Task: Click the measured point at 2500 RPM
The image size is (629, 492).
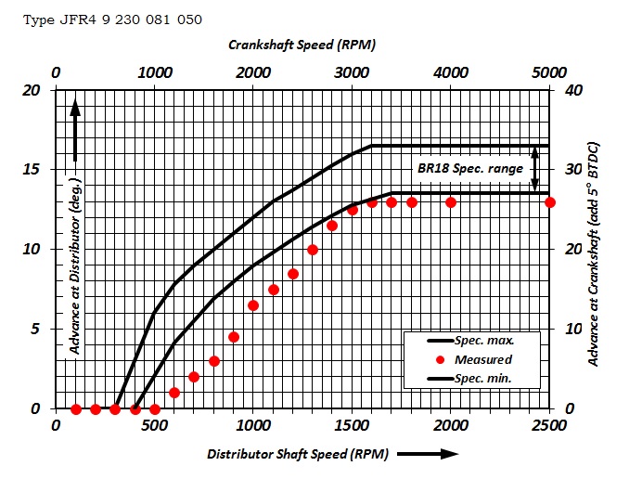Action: click(550, 202)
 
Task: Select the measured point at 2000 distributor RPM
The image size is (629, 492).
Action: click(451, 202)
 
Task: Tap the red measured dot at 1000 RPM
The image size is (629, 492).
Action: click(253, 305)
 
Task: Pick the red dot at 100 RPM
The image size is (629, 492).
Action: click(76, 408)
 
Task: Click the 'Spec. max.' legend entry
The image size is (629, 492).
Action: click(481, 341)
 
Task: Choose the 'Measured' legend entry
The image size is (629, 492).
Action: click(481, 359)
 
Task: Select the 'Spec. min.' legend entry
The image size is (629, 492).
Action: click(481, 378)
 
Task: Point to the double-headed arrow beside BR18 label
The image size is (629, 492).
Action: click(533, 169)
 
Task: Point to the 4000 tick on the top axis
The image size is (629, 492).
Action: click(451, 72)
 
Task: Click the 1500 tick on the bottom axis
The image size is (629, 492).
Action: click(353, 425)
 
